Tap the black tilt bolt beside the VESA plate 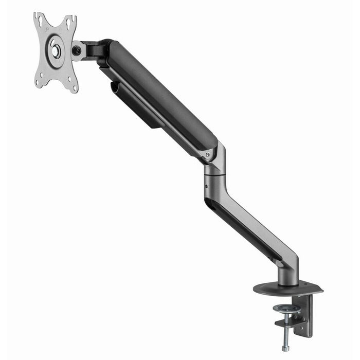tap(78, 50)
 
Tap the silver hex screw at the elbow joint tap(208, 154)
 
